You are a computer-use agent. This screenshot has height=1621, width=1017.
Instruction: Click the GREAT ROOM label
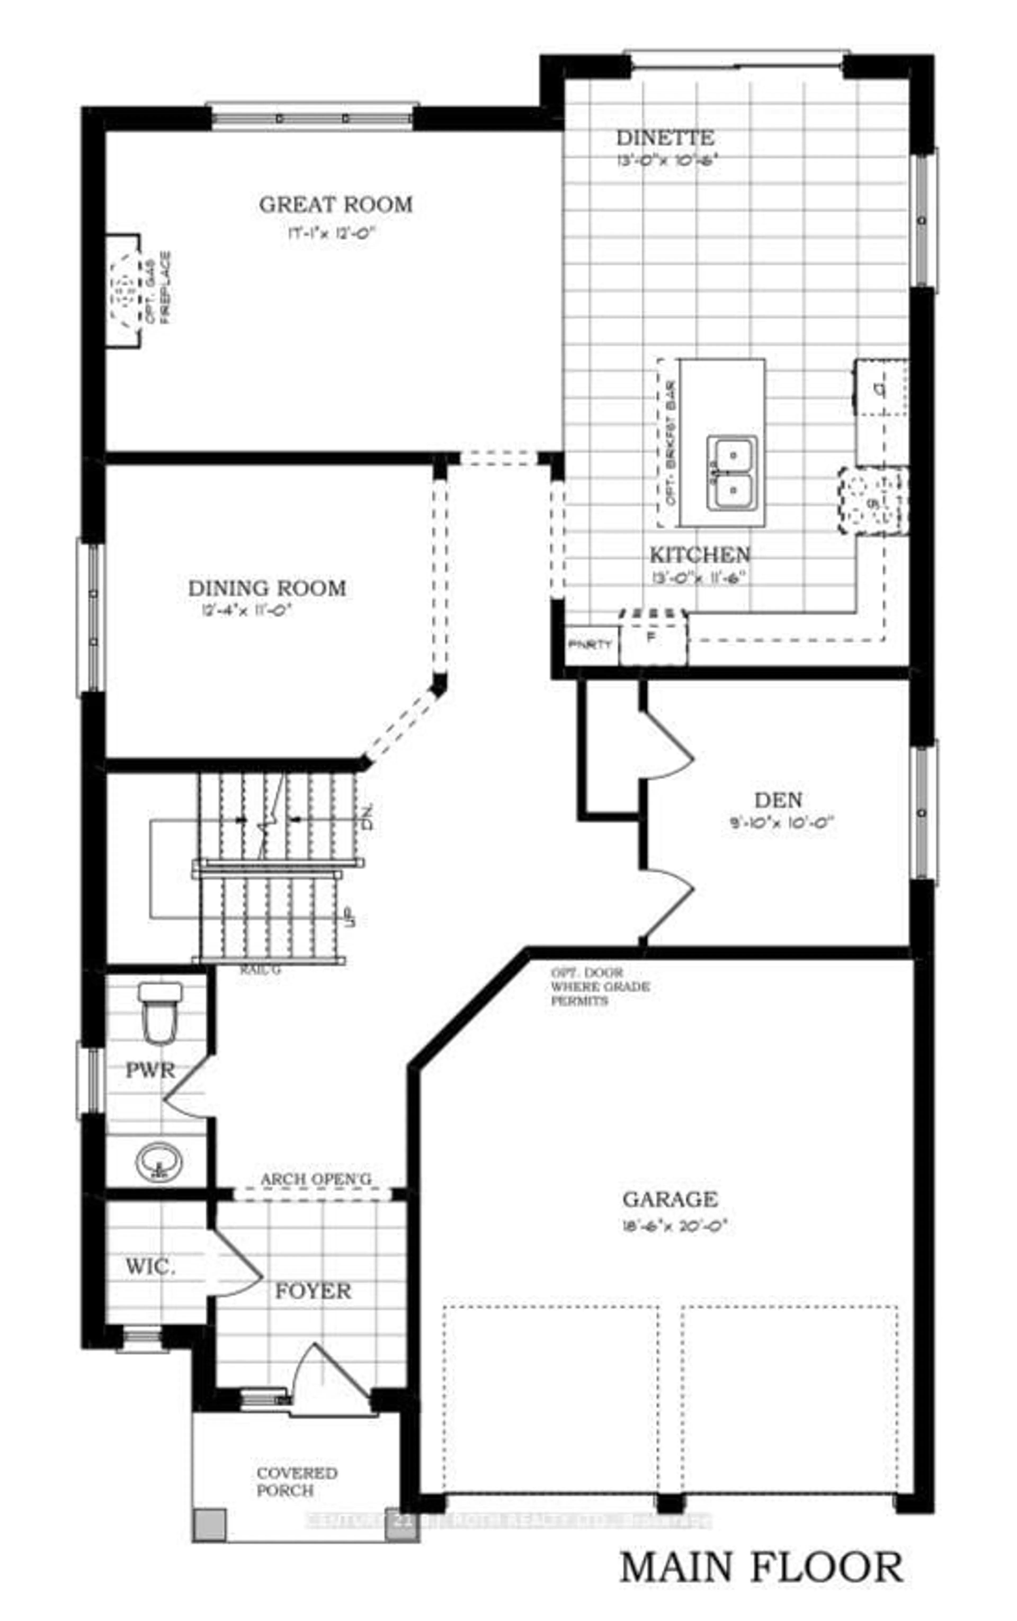(x=336, y=205)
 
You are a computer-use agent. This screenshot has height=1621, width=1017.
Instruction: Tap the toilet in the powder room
(x=160, y=1012)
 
